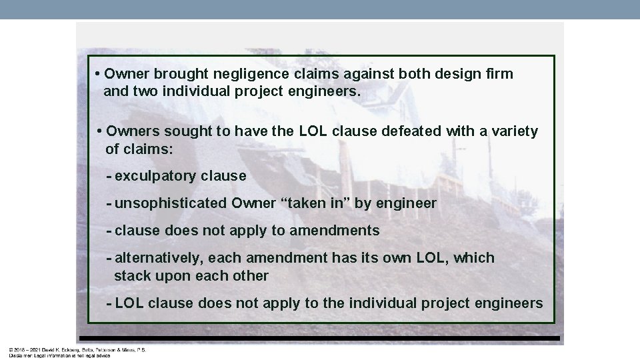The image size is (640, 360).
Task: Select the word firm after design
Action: pyautogui.click(x=499, y=74)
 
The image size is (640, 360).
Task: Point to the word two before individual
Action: pyautogui.click(x=145, y=91)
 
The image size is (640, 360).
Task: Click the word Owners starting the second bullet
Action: pyautogui.click(x=131, y=131)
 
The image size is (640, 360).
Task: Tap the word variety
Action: pyautogui.click(x=513, y=131)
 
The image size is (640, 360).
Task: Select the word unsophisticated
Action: pyautogui.click(x=171, y=203)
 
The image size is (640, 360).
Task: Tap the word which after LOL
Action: pyautogui.click(x=474, y=258)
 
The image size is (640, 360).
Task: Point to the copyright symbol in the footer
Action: pyautogui.click(x=11, y=349)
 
